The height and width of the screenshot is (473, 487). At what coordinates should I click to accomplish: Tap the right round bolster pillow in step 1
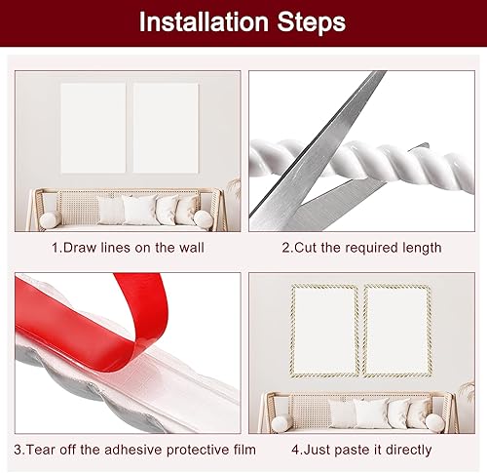tap(206, 219)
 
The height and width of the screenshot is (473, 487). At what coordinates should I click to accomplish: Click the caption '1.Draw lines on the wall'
tap(128, 248)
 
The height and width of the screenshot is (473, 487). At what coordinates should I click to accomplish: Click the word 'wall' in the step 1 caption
tap(191, 248)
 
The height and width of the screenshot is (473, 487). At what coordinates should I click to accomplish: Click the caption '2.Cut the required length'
tap(361, 248)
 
